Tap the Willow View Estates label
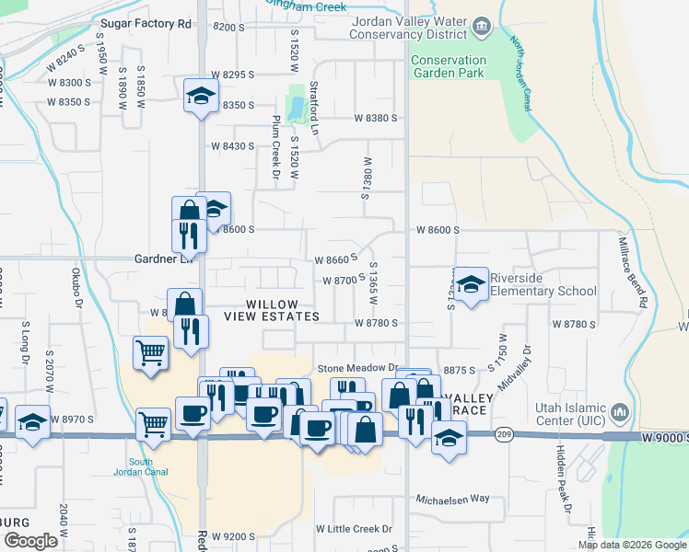point(283,310)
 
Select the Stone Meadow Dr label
point(356,367)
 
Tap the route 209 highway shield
point(502,434)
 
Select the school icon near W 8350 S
point(201,96)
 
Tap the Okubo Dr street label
point(77,290)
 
